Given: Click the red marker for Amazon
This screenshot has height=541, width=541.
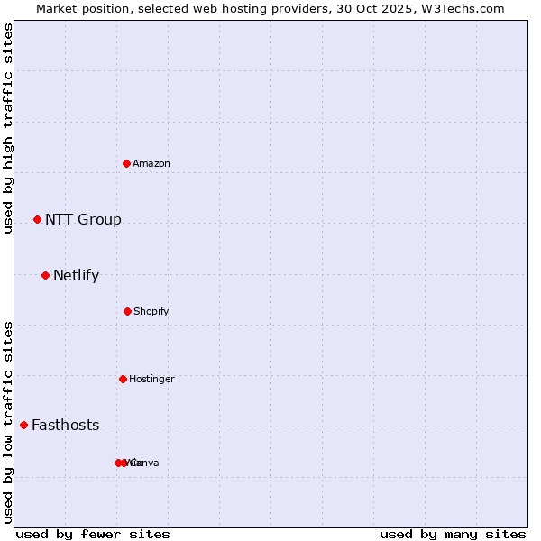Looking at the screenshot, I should pos(127,163).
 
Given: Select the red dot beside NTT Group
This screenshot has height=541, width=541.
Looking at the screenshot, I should pos(37,219).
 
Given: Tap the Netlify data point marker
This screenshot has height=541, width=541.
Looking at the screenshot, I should pos(45,275).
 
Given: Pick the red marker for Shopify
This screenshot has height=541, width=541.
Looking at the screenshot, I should pos(127,311).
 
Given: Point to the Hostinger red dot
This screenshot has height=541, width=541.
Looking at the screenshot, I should pos(123,379).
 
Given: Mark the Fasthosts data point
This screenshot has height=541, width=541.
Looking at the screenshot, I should pos(23,425).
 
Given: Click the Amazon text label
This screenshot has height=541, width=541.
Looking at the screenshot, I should pos(151,163).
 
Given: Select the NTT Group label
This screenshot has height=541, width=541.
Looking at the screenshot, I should pos(83,219).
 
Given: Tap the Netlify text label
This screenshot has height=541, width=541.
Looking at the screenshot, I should pos(76,275).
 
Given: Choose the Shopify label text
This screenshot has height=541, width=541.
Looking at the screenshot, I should pos(151,311).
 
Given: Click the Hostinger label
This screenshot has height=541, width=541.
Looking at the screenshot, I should pos(151,379).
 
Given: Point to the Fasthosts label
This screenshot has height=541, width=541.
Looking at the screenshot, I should pos(65,425).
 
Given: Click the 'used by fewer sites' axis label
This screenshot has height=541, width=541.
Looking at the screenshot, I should pos(93,534).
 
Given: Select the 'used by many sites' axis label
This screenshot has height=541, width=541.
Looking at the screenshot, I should pos(453,534).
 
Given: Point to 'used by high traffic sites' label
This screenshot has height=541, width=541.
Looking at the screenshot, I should pos(8,128).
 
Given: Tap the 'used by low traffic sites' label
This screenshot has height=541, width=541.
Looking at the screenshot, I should pos(8,421).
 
